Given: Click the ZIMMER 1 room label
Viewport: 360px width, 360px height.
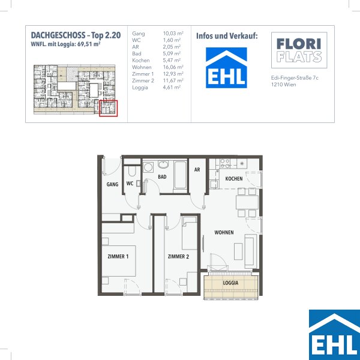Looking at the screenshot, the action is click(x=118, y=256).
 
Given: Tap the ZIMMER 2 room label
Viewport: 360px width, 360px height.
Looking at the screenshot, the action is click(x=178, y=256).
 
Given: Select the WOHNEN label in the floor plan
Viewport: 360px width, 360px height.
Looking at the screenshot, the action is click(x=224, y=233).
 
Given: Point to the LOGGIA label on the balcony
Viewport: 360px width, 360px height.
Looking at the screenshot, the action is click(x=230, y=283).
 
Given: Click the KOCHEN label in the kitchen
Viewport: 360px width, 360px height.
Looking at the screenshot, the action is click(x=234, y=179).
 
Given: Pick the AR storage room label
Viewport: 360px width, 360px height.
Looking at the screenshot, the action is click(x=197, y=170).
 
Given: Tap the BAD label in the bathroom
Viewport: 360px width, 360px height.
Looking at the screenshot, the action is click(x=162, y=177).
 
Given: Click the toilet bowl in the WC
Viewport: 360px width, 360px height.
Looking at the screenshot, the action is click(x=132, y=171).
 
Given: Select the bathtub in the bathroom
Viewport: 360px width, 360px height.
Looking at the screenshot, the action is click(x=180, y=175).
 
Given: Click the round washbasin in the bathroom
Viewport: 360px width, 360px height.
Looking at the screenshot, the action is click(x=163, y=164).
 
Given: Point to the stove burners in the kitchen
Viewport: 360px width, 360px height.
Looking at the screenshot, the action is click(x=225, y=163).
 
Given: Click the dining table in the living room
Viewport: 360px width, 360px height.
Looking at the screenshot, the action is click(x=247, y=202).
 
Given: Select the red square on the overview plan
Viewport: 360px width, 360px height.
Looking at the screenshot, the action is click(x=109, y=108).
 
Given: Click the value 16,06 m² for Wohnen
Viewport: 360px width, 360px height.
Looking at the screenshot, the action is click(x=173, y=67).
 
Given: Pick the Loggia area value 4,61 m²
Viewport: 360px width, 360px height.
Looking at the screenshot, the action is click(x=172, y=87).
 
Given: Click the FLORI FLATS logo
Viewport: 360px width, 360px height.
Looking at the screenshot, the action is click(x=299, y=50).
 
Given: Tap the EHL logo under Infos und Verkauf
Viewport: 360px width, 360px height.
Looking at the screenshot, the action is click(x=226, y=68).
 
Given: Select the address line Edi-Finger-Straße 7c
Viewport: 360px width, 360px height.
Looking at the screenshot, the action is click(x=295, y=78).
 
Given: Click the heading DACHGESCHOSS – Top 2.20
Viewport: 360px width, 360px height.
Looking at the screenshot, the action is click(x=76, y=35).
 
